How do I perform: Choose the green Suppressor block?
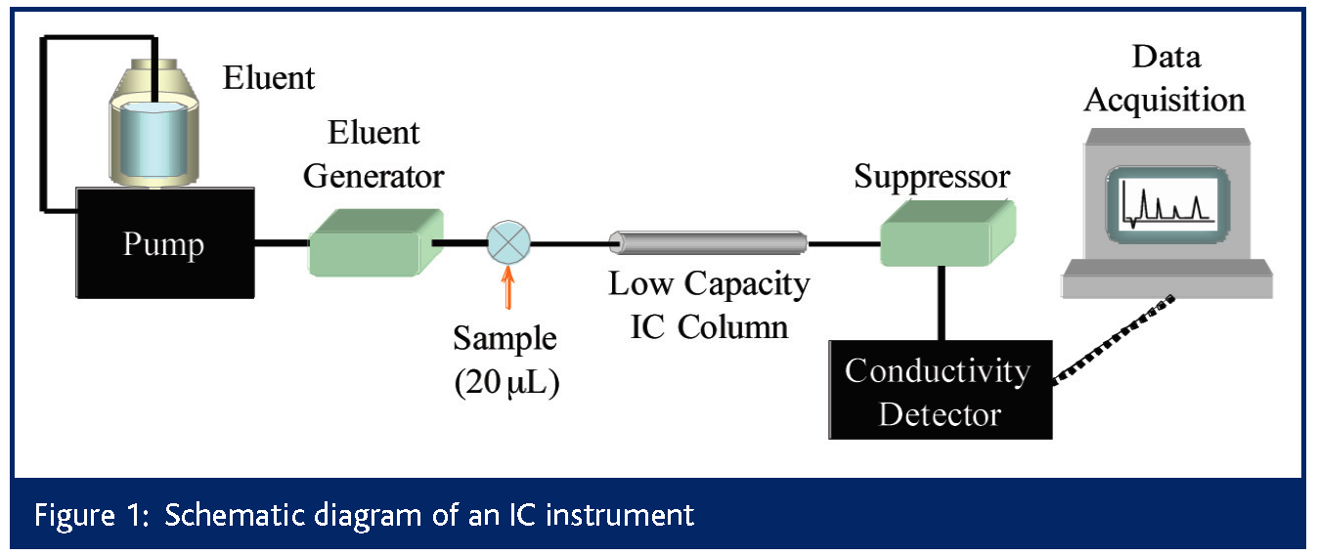point(944,234)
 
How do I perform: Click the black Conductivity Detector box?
point(940,390)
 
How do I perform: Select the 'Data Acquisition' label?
point(1164,78)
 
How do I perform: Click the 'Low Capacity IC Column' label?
point(709,304)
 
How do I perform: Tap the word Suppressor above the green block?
point(932,177)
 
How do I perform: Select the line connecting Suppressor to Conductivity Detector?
point(941,303)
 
